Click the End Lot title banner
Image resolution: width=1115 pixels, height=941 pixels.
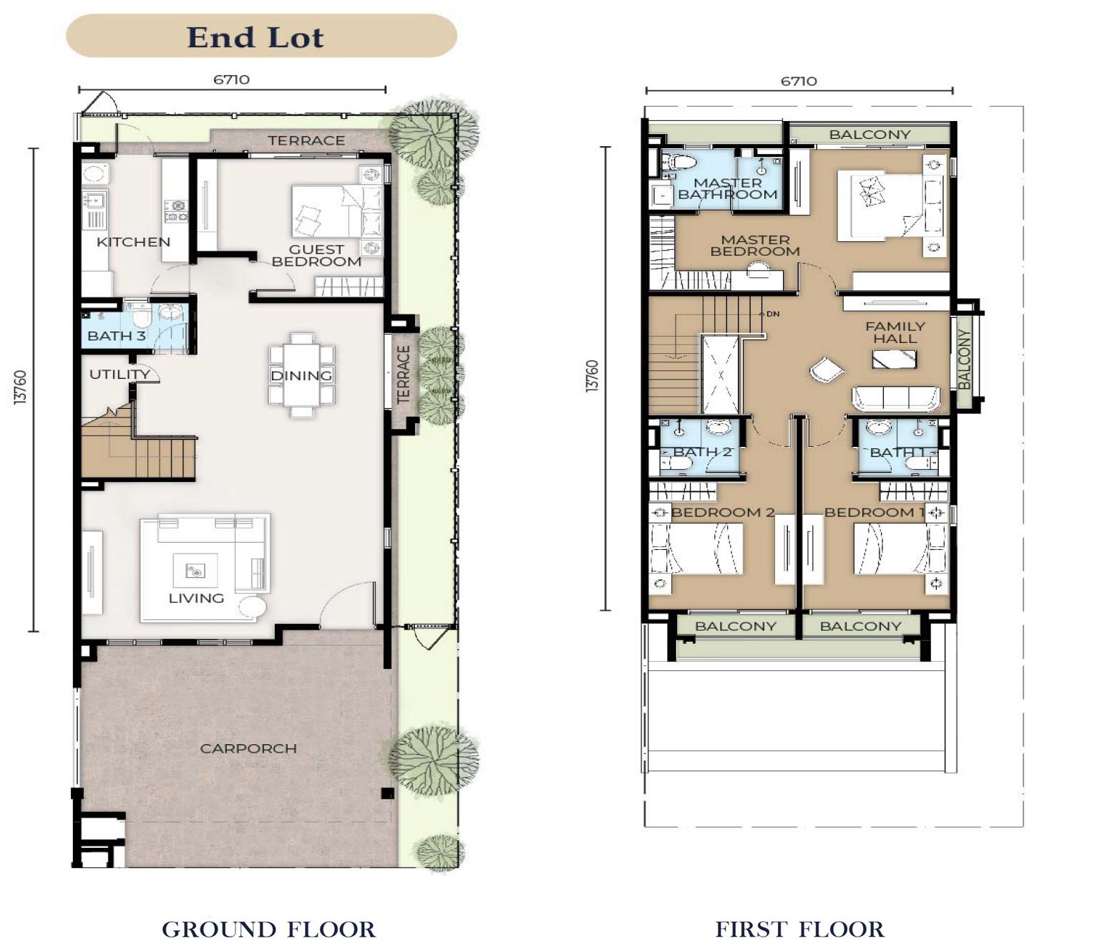[262, 36]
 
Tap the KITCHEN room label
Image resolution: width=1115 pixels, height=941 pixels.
[134, 242]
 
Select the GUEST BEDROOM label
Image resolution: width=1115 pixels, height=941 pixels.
[316, 256]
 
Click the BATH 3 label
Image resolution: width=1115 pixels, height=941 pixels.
[117, 336]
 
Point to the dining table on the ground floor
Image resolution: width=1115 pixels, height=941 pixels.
[302, 375]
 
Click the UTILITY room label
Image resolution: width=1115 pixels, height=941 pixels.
[120, 374]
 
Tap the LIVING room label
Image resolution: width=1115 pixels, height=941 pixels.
[197, 598]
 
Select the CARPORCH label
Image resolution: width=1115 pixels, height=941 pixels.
[248, 748]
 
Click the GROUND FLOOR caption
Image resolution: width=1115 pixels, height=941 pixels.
[268, 929]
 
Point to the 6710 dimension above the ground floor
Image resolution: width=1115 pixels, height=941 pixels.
[231, 79]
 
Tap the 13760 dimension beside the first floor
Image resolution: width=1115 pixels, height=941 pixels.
[592, 376]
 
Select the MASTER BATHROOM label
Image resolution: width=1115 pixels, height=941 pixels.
[727, 189]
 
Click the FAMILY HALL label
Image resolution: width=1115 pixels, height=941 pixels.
[895, 332]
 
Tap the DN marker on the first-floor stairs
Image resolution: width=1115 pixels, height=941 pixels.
[773, 314]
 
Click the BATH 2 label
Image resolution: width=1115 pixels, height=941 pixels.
[702, 452]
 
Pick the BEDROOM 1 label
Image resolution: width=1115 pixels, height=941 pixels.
[875, 512]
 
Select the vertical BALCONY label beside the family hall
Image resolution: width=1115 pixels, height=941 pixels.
[965, 359]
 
